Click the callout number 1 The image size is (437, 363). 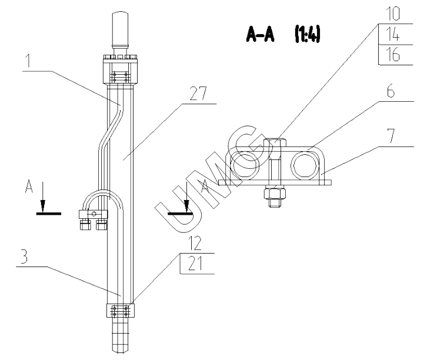pos(28,61)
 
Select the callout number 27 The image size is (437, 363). pos(198,94)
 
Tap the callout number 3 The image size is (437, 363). pos(24,257)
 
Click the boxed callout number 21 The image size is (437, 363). pos(195,264)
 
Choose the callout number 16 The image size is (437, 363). pos(393,54)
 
